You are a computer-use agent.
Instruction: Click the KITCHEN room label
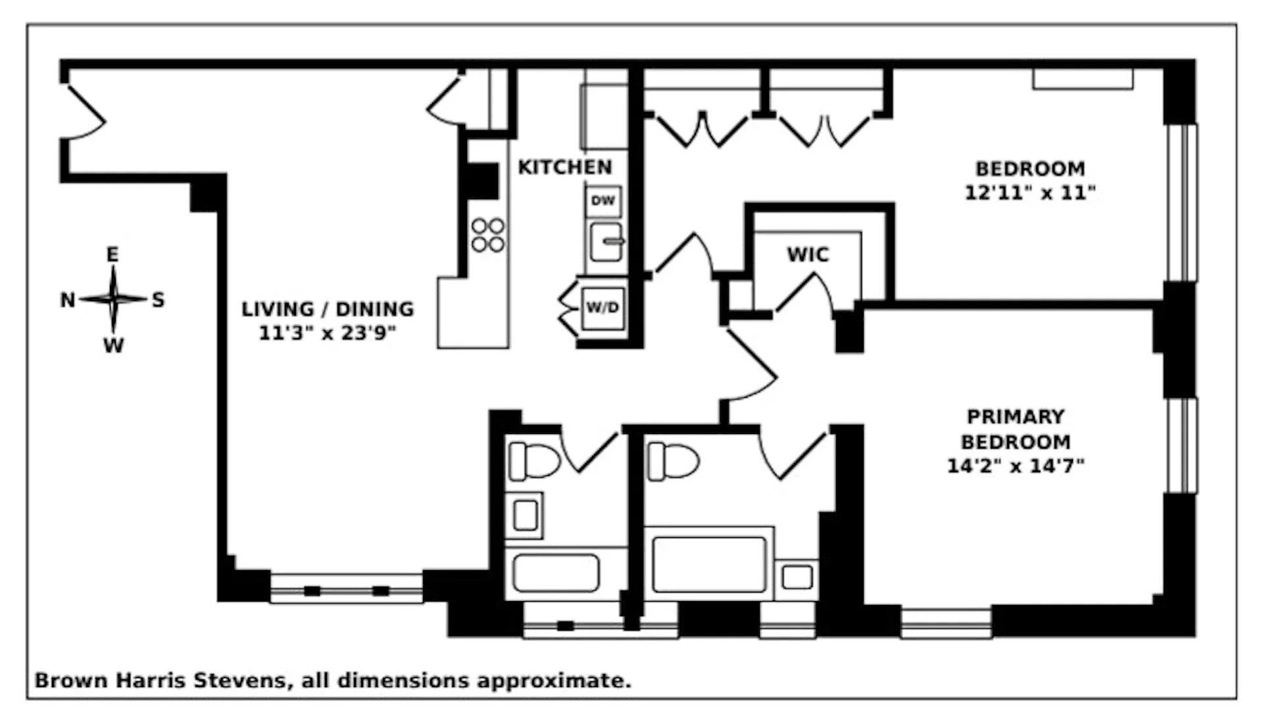pos(564,168)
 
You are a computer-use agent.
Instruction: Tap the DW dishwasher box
pos(603,201)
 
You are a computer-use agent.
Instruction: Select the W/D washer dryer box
pos(603,308)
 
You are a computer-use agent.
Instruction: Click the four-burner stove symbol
pos(488,235)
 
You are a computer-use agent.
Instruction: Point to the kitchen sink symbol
pos(606,242)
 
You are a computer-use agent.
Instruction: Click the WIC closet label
pos(808,254)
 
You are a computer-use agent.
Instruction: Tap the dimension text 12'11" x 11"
pos(1030,193)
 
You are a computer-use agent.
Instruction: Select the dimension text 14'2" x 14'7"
pos(1015,466)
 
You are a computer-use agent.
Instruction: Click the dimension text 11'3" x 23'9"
pos(328,333)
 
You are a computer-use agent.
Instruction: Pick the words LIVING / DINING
pos(328,309)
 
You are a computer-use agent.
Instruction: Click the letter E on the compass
pos(113,254)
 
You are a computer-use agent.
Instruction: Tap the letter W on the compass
pos(113,345)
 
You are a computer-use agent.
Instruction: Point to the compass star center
pos(114,300)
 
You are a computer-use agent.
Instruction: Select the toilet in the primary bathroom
pos(672,461)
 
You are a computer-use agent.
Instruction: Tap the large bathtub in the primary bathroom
pos(709,564)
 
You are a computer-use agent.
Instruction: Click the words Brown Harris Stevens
pos(161,681)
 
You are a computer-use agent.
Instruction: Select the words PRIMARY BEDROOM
pos(1015,429)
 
